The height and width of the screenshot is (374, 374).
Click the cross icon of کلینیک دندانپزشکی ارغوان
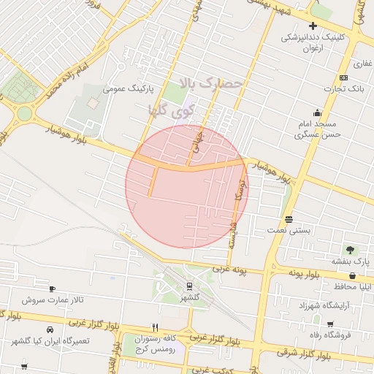[313, 26]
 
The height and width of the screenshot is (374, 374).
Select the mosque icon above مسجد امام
[317, 112]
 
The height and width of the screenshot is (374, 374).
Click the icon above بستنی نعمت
[289, 219]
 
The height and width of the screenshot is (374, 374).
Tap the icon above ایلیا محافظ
[354, 276]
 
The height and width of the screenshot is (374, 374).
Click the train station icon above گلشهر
[190, 286]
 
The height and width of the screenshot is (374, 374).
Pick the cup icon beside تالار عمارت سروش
[52, 289]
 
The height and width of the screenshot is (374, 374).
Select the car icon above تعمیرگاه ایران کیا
[49, 329]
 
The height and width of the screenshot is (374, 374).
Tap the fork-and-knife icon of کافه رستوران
[154, 327]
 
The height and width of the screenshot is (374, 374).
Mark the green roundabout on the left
[26, 114]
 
